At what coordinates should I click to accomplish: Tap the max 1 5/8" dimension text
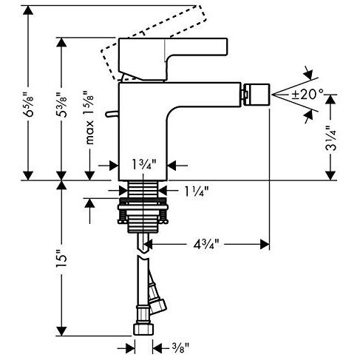click(89, 118)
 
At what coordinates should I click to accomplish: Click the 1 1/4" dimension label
click(196, 191)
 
